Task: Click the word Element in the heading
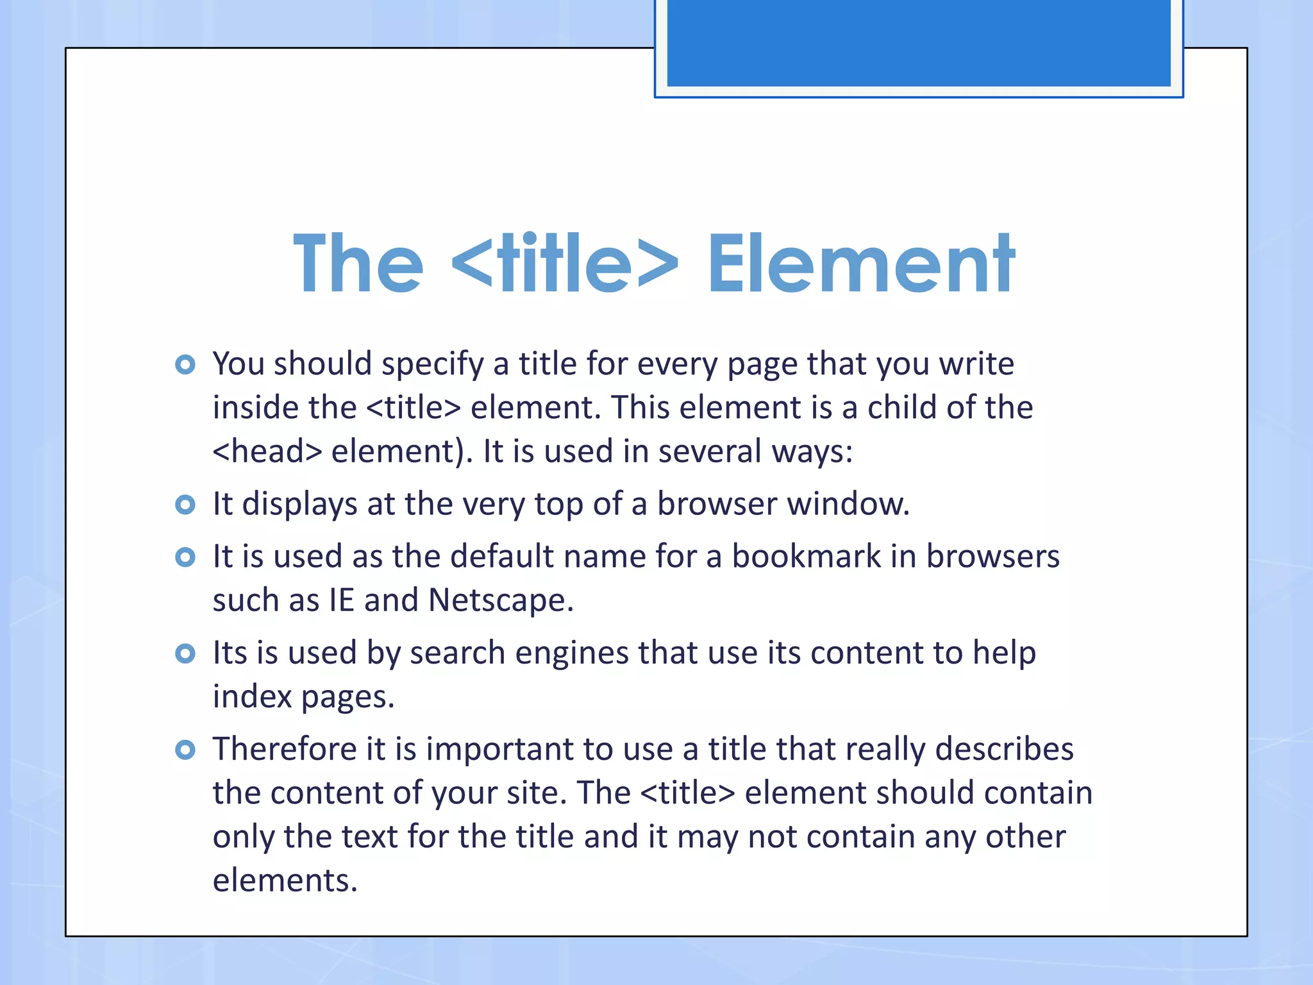[860, 264]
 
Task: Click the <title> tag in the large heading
[564, 264]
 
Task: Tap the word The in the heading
[358, 264]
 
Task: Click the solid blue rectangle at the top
[918, 42]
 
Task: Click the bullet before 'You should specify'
[185, 365]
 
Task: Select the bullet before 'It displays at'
[185, 505]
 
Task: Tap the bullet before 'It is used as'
[185, 557]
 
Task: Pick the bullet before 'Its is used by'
[185, 653]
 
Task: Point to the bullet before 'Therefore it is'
[185, 750]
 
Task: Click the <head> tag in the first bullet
[267, 451]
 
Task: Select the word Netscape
[500, 601]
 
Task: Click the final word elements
[285, 880]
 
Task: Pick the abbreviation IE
[341, 601]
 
